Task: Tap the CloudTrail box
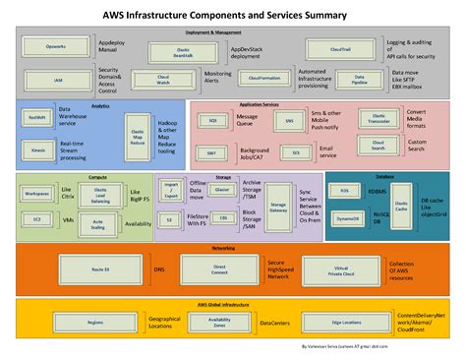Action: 340,49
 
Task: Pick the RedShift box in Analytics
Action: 37,117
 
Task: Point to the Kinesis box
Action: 37,150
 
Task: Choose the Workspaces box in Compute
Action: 37,194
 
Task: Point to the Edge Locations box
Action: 345,322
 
